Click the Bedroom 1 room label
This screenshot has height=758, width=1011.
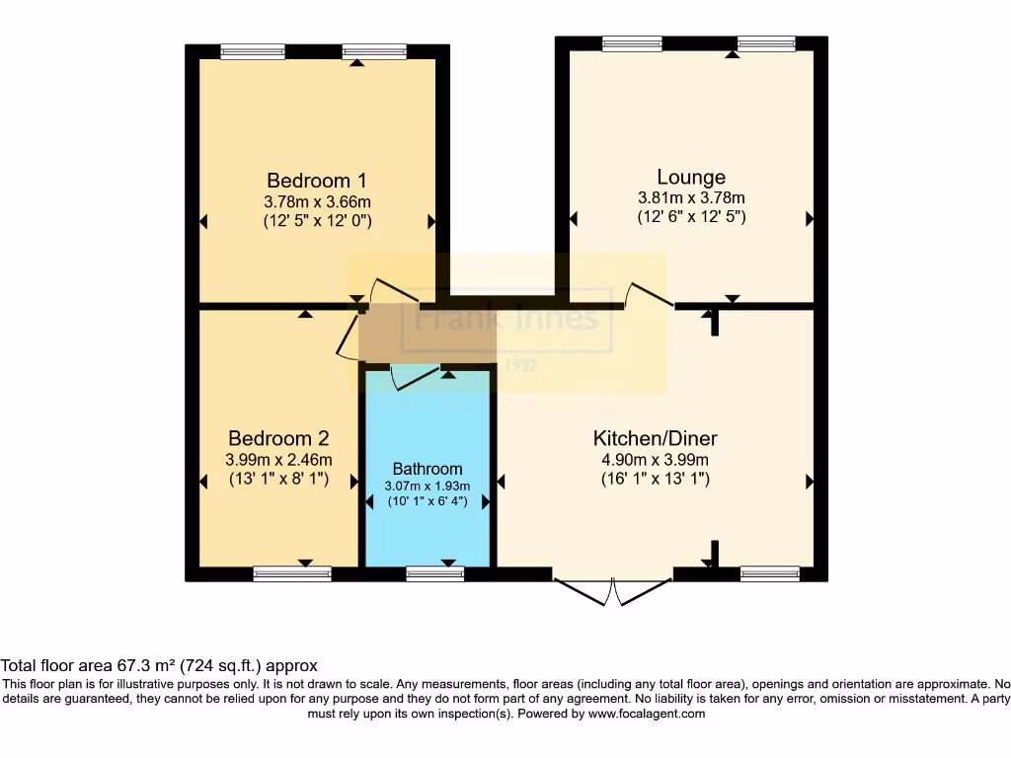[x=317, y=181]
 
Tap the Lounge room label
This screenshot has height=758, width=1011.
[x=691, y=178]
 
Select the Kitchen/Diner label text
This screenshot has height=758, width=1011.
[x=655, y=438]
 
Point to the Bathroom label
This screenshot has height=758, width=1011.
[x=427, y=469]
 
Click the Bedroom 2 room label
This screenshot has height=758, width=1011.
[x=278, y=438]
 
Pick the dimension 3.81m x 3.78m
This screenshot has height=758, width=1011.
[x=691, y=197]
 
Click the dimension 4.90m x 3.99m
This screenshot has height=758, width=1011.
[x=655, y=460]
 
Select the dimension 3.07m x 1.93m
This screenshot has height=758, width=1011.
[x=427, y=486]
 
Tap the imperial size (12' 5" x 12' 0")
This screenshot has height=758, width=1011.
[x=317, y=221]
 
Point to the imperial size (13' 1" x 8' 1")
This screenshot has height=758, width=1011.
[x=278, y=480]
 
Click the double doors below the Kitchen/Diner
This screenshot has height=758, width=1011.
[x=613, y=590]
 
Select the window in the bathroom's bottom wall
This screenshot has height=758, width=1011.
[x=434, y=573]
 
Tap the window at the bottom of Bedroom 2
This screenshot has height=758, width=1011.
[x=291, y=573]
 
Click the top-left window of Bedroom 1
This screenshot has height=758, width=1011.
[x=253, y=51]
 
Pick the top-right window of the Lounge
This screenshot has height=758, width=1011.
[x=766, y=42]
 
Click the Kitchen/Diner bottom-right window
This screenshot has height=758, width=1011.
[x=769, y=573]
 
